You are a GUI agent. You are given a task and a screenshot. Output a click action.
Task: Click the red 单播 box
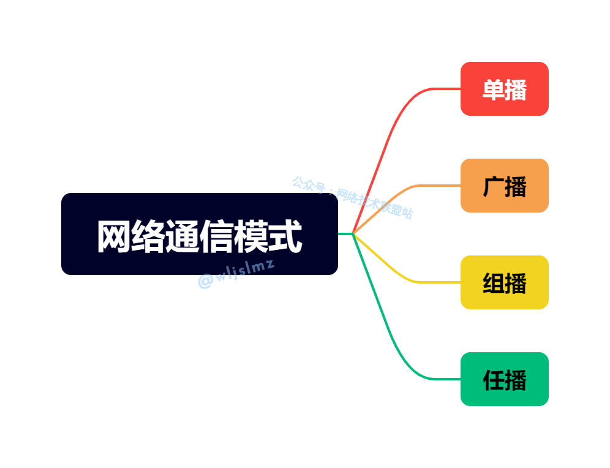504,89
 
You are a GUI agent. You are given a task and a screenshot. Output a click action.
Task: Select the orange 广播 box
504,186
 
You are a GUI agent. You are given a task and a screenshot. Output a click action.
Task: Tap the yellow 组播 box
504,282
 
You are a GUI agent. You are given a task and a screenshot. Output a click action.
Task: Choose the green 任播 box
504,379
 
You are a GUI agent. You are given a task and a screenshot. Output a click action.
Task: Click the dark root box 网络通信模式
199,234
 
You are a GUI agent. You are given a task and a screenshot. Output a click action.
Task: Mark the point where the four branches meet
353,233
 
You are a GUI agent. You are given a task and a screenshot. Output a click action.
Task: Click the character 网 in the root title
115,236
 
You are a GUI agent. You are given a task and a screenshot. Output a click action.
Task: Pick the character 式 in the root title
285,236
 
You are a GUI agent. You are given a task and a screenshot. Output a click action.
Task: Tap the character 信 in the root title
217,236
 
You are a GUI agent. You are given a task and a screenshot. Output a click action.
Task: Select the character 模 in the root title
251,236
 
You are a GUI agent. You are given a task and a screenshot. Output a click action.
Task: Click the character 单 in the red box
493,90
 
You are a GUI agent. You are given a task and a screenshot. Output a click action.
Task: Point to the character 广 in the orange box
493,187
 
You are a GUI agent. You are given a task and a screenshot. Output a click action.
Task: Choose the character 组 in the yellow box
493,284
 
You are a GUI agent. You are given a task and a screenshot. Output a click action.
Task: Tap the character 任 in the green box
493,380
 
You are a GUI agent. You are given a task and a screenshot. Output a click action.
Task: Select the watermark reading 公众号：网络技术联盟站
353,197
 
